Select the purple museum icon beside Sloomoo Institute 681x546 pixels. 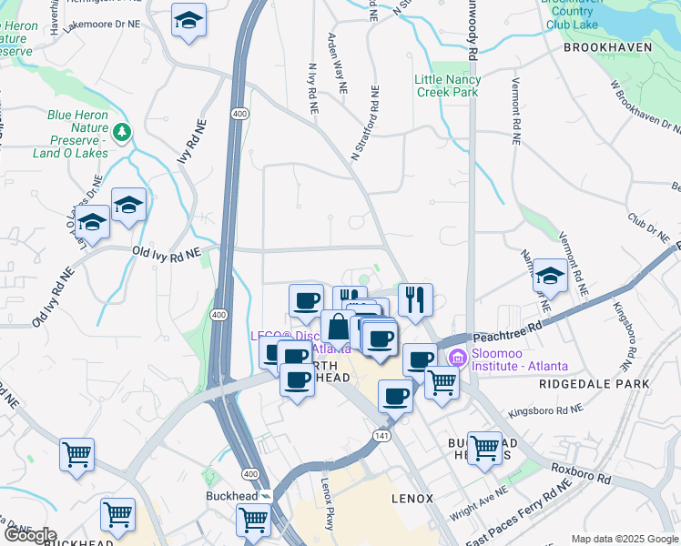point(457,358)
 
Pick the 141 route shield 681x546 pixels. point(381,438)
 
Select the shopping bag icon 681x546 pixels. point(338,326)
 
